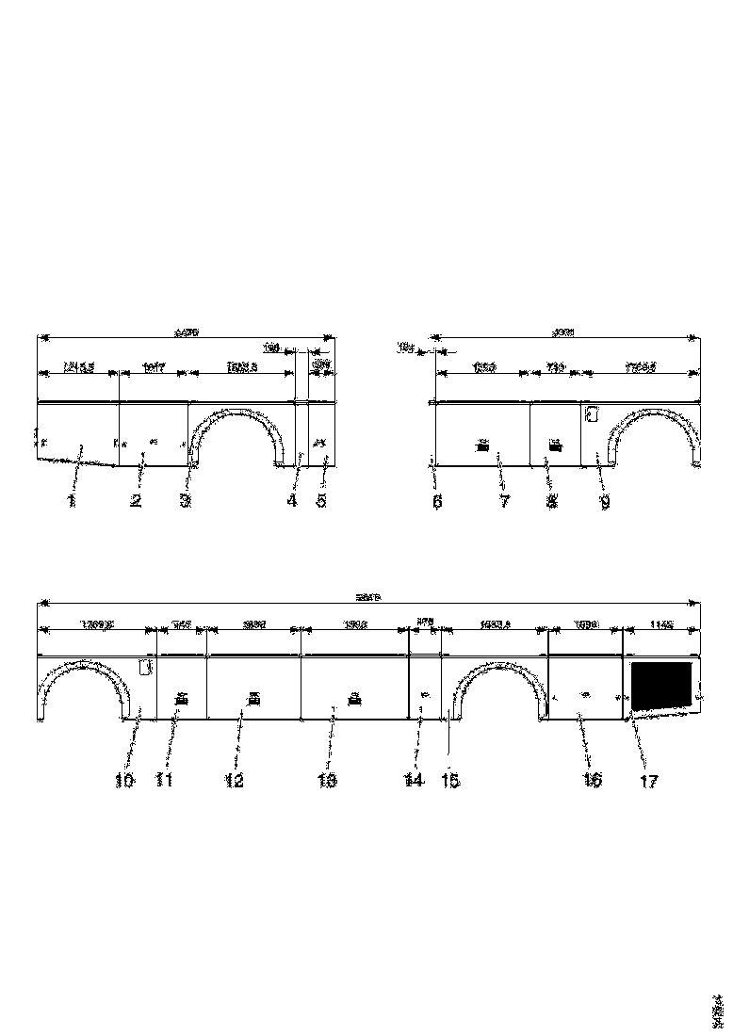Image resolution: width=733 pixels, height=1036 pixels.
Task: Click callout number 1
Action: coord(71,501)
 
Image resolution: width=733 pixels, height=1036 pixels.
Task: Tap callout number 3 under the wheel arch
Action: coord(186,501)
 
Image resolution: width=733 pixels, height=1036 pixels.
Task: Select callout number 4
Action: coord(292,501)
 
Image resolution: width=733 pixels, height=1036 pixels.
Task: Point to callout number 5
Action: coord(321,501)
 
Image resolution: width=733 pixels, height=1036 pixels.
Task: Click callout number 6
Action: coord(437,502)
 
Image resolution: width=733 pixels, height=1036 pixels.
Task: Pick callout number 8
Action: coord(551,502)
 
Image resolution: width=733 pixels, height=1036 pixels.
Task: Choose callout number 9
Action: coord(605,502)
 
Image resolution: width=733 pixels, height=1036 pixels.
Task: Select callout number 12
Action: coord(234,780)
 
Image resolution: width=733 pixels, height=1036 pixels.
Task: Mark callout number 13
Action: coord(327,780)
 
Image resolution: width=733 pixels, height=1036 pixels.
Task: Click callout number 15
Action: coord(450,780)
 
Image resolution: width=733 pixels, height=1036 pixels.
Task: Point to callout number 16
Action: coord(592,780)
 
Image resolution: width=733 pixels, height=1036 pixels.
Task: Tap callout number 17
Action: coord(649,780)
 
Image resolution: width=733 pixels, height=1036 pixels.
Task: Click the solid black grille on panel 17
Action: coord(661,685)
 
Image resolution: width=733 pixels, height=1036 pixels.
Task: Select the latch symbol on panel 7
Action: coord(482,445)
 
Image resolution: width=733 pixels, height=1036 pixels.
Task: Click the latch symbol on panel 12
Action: coord(252,698)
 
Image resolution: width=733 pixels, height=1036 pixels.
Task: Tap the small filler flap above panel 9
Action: coord(594,413)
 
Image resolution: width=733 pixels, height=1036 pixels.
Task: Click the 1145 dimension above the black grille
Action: coord(660,623)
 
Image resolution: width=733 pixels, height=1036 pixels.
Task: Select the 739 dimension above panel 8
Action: coord(554,367)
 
